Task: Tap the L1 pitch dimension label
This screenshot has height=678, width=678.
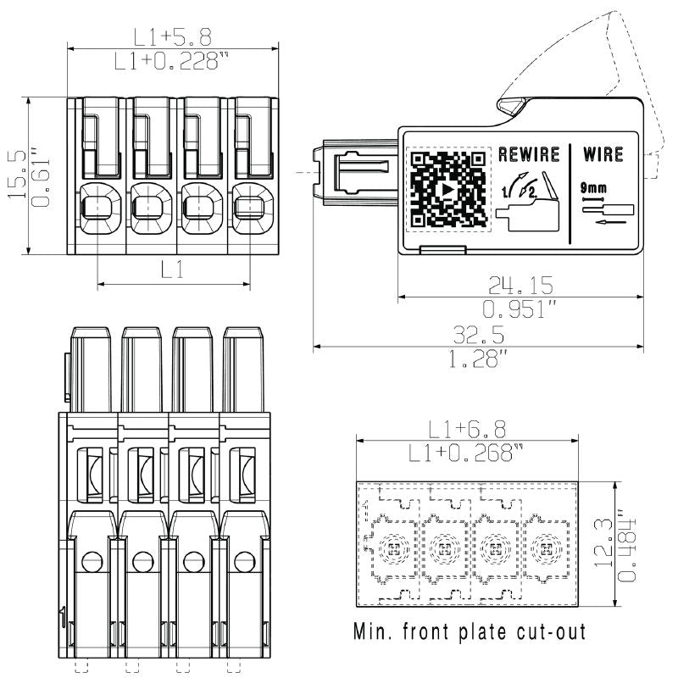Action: click(174, 270)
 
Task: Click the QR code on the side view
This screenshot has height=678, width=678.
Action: click(449, 190)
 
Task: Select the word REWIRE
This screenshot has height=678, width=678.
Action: click(529, 154)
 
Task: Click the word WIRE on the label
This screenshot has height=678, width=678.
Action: click(603, 154)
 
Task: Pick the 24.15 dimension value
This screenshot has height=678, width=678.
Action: click(520, 283)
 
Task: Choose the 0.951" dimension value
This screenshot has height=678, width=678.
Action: click(520, 308)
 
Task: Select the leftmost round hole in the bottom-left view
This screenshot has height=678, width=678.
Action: click(92, 559)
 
